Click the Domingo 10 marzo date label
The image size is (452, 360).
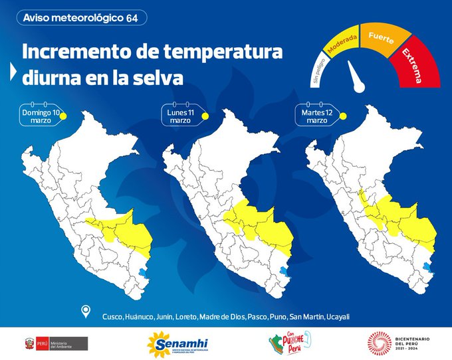(x=41, y=116)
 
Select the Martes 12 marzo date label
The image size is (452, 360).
(x=317, y=116)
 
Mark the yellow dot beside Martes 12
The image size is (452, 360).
(x=344, y=116)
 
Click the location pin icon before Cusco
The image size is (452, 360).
(x=86, y=312)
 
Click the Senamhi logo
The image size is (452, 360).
(x=177, y=343)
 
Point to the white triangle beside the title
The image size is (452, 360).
(x=13, y=72)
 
